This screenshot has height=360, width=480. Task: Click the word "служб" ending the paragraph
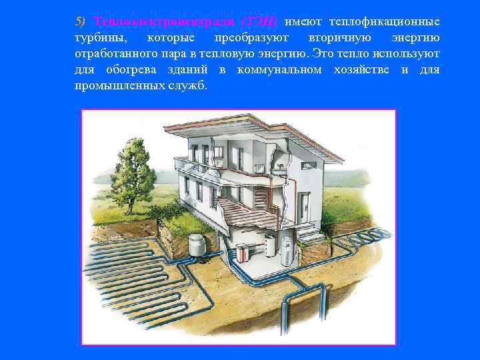[x=189, y=87]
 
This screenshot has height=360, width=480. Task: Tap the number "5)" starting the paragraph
[x=81, y=21]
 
